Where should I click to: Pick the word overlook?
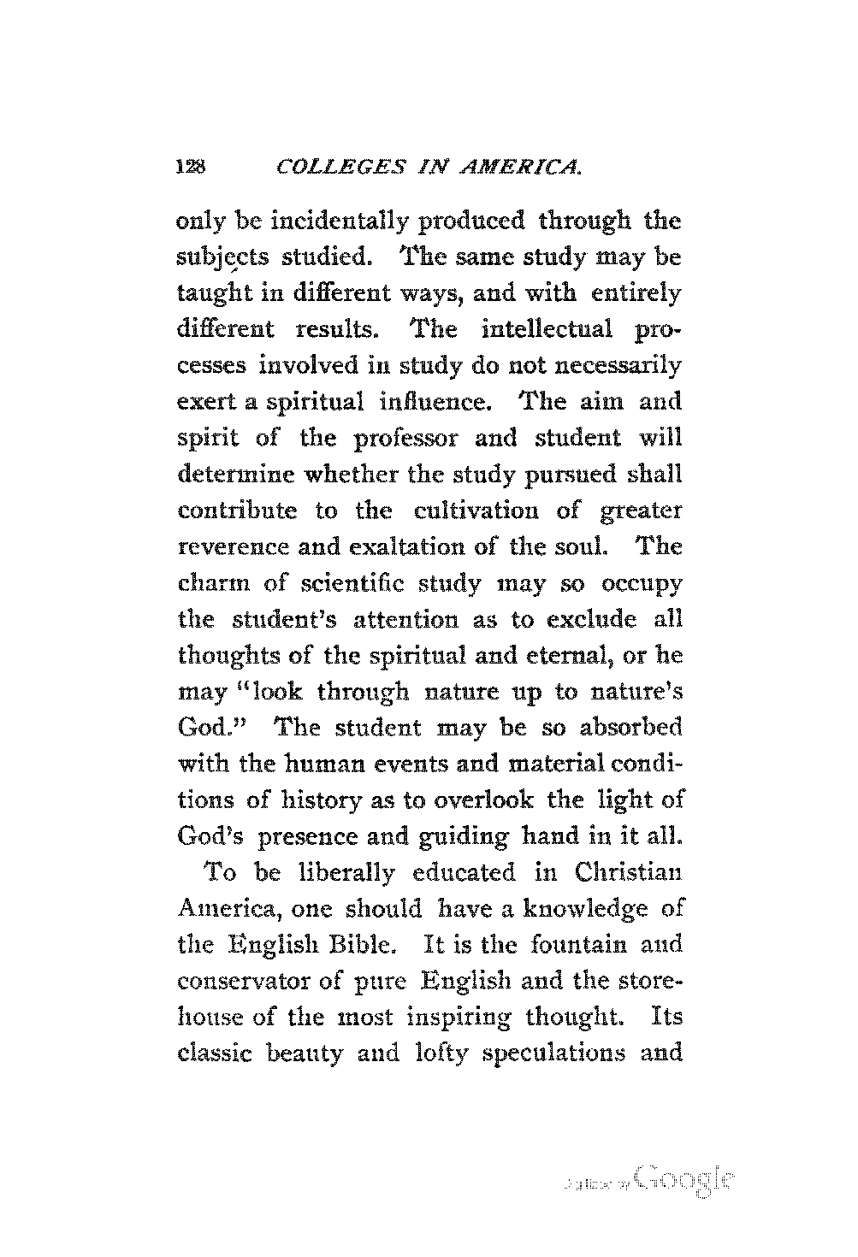coord(487,800)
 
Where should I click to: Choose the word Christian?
coord(628,873)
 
